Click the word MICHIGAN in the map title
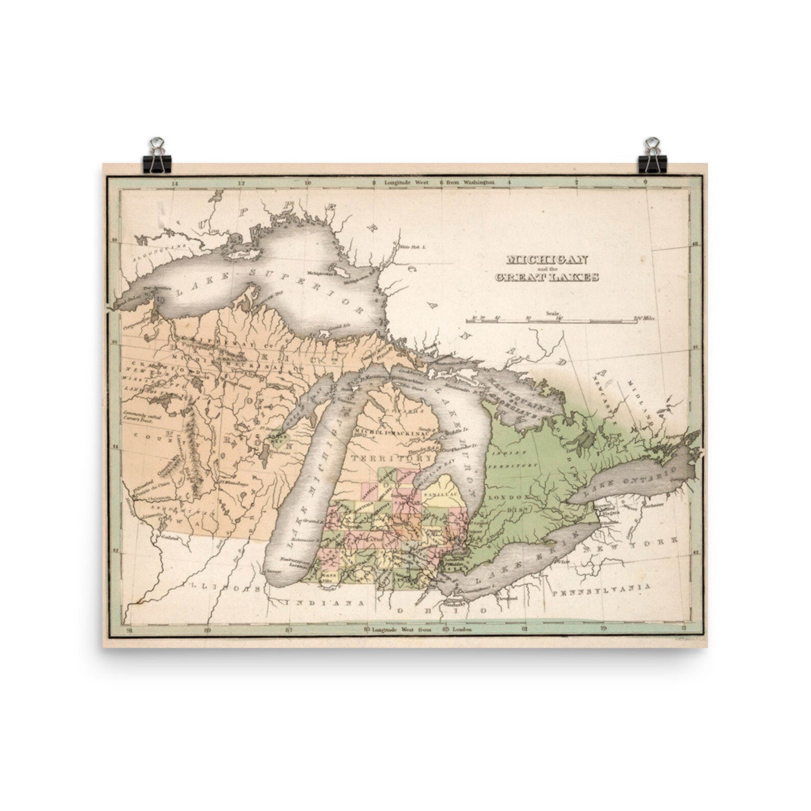click(x=546, y=259)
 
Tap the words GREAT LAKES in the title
click(x=546, y=277)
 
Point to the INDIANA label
click(x=326, y=603)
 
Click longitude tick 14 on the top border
click(x=175, y=182)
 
